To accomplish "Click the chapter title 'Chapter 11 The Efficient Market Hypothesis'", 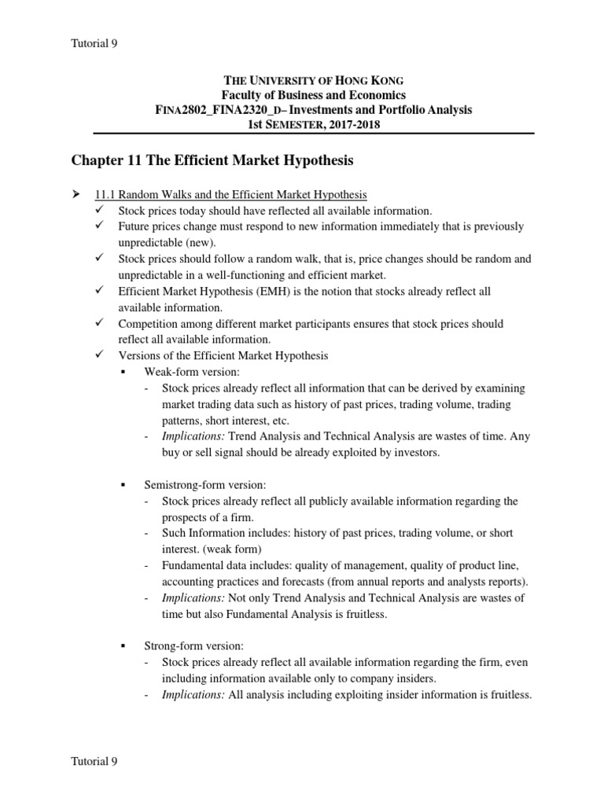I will click(212, 160).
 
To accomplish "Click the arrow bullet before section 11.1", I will click(76, 194).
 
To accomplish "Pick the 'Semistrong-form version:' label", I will click(207, 485).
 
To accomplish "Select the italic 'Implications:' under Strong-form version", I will click(193, 694).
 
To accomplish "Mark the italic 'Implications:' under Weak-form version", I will click(193, 436).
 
